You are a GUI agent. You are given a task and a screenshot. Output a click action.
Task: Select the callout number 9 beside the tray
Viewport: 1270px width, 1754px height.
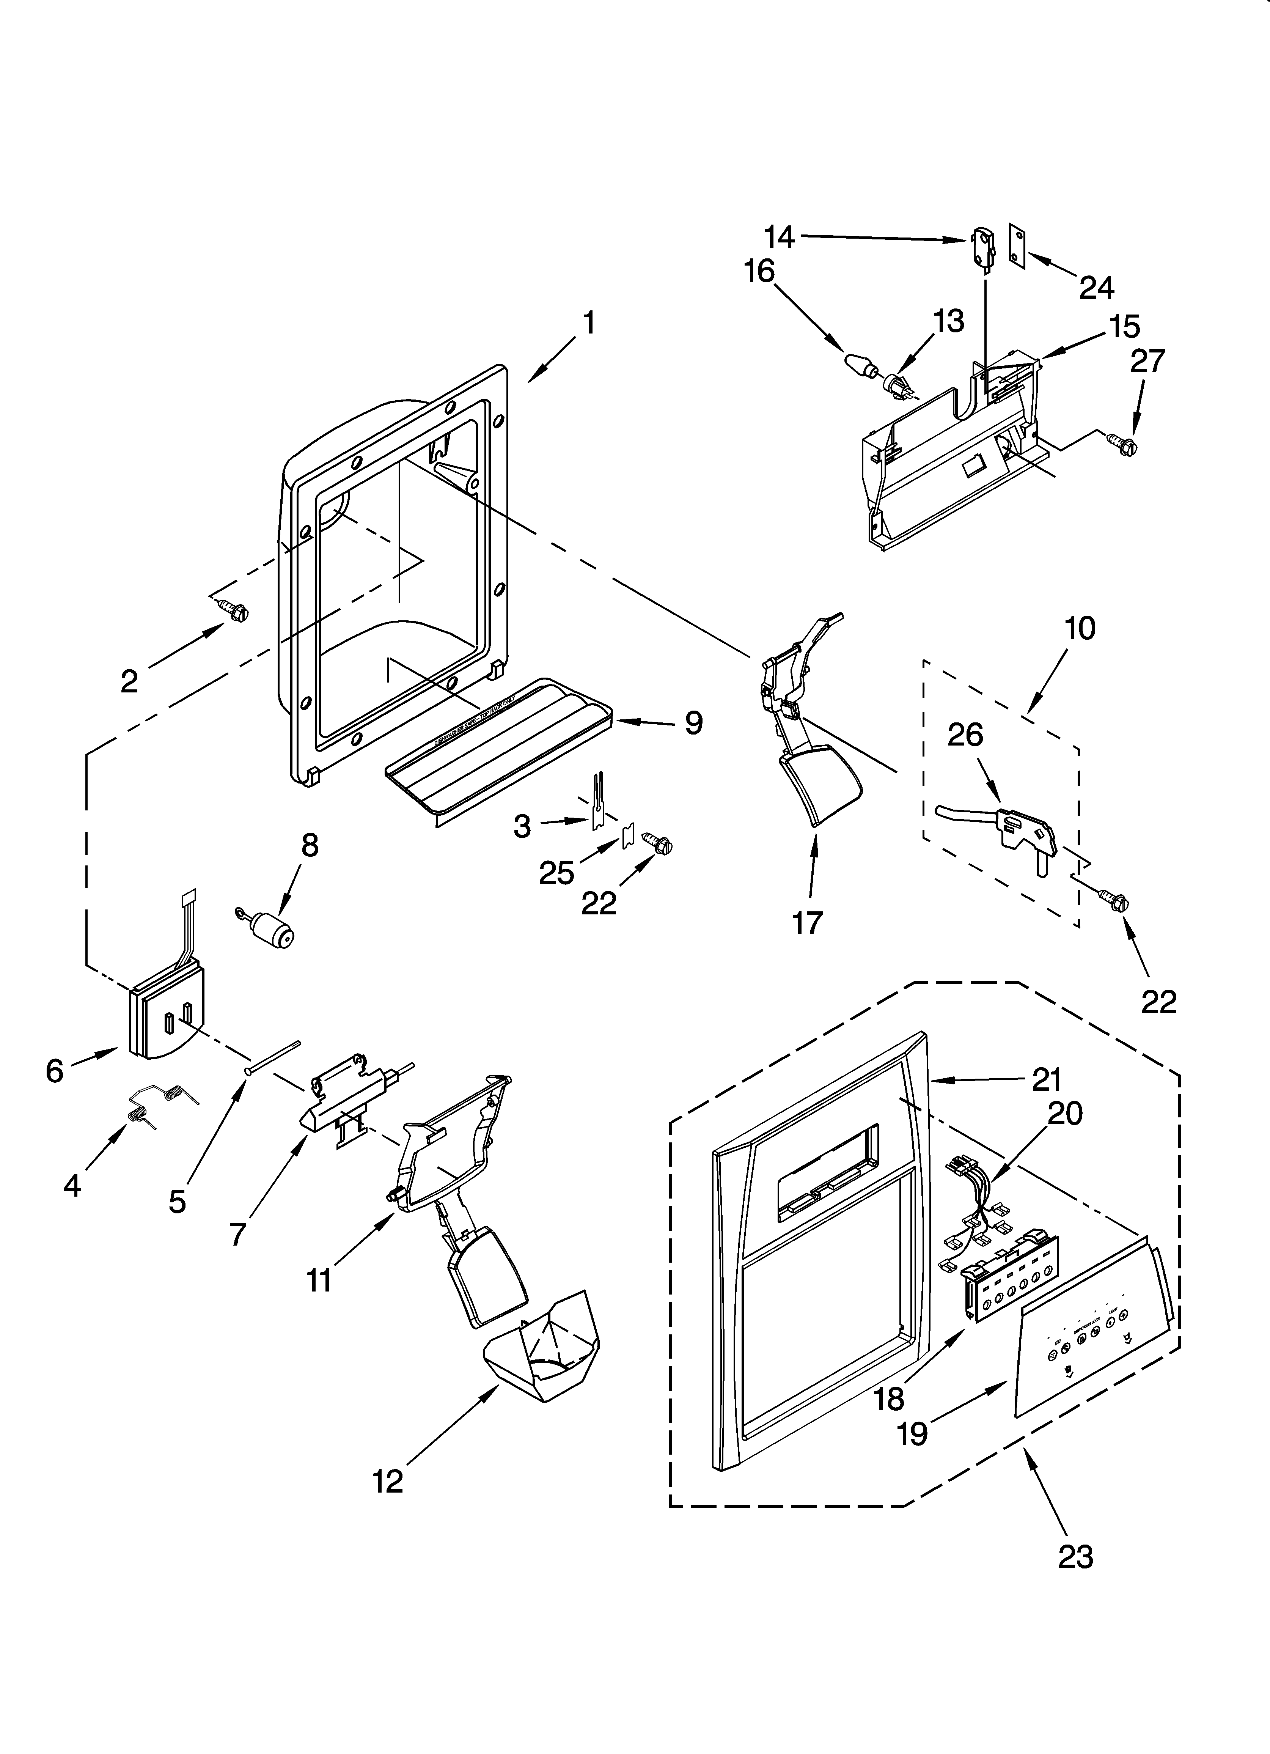pyautogui.click(x=693, y=723)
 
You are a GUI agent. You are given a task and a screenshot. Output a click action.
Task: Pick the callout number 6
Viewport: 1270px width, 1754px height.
pyautogui.click(x=54, y=1071)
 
